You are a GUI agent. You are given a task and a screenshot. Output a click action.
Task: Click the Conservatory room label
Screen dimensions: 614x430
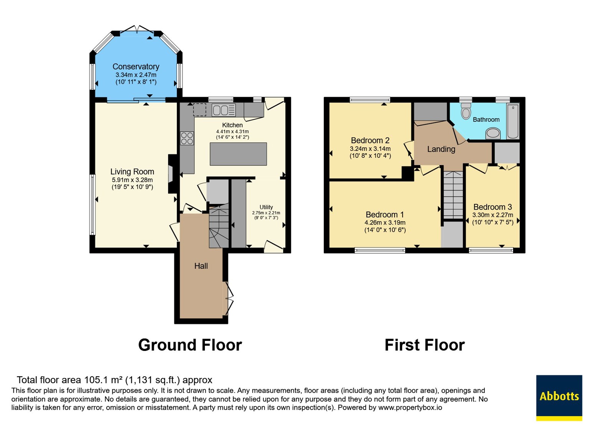[136, 67]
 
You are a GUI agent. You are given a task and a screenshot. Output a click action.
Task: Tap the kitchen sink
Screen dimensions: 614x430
[224, 110]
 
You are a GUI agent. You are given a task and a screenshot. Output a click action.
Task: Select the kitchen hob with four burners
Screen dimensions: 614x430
[187, 138]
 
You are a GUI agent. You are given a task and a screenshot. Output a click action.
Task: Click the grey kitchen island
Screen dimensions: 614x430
[238, 154]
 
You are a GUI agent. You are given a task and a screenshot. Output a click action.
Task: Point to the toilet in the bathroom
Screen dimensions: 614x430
[466, 111]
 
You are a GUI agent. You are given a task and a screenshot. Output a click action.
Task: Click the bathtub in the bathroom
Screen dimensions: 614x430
[513, 121]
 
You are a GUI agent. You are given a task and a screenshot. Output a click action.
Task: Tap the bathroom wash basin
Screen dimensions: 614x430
[493, 134]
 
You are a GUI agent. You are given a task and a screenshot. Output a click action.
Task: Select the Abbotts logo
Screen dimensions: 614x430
[559, 398]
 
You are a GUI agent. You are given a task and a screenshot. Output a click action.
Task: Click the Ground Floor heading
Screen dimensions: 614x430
[190, 345]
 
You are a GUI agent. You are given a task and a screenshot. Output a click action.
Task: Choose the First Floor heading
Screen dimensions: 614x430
[424, 345]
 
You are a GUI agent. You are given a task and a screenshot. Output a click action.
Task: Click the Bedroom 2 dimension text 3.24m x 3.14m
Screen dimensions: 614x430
[370, 149]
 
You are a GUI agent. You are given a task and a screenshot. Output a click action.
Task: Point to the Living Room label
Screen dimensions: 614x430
[132, 172]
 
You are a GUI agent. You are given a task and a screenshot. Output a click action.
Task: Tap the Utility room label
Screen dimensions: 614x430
[266, 207]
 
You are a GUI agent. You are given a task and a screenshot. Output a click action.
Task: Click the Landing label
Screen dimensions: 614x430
[441, 149]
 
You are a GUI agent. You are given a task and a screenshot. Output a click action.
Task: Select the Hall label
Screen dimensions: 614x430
[201, 266]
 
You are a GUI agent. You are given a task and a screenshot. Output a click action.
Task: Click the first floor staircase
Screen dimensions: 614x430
[453, 195]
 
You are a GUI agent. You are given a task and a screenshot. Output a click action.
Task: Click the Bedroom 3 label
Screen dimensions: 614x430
[493, 207]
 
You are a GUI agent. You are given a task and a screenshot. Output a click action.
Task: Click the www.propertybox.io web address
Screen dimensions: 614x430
[410, 407]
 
